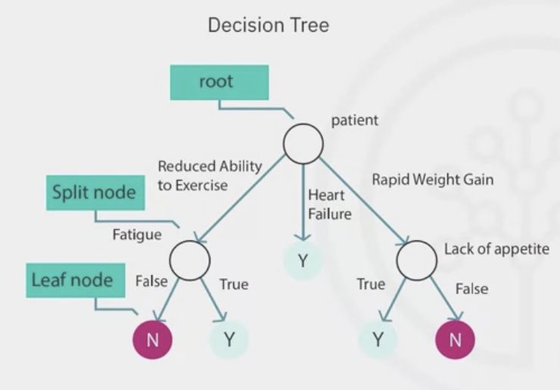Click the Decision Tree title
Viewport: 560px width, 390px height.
pos(269,26)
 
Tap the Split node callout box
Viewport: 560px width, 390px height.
pos(95,193)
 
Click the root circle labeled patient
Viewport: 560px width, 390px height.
pos(303,142)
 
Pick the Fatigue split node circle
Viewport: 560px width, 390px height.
pos(189,260)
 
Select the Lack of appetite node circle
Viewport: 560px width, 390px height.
pos(417,261)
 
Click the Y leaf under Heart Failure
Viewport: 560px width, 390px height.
pos(303,261)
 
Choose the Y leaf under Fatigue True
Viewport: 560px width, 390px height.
pos(229,339)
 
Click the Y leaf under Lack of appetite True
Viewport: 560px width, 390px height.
pos(378,339)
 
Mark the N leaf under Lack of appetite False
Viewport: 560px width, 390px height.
pos(455,339)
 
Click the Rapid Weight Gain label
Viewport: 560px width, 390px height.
pos(432,180)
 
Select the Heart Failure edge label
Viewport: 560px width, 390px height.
pos(329,205)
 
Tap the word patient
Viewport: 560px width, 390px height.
pos(353,120)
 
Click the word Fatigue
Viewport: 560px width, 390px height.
pos(137,234)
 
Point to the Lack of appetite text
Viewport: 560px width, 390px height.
pos(496,249)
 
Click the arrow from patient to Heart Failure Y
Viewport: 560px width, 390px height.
pos(303,200)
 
